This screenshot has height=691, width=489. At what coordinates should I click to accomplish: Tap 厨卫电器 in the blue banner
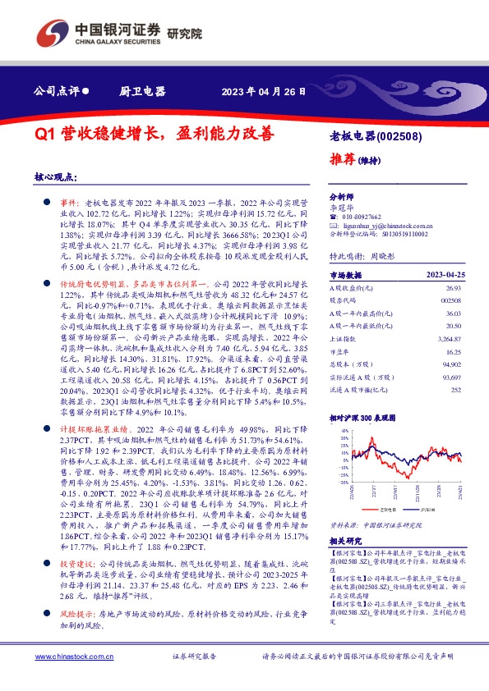[142, 92]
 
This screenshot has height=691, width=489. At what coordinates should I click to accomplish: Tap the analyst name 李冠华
[339, 207]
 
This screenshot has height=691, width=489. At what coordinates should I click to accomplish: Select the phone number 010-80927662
[357, 216]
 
